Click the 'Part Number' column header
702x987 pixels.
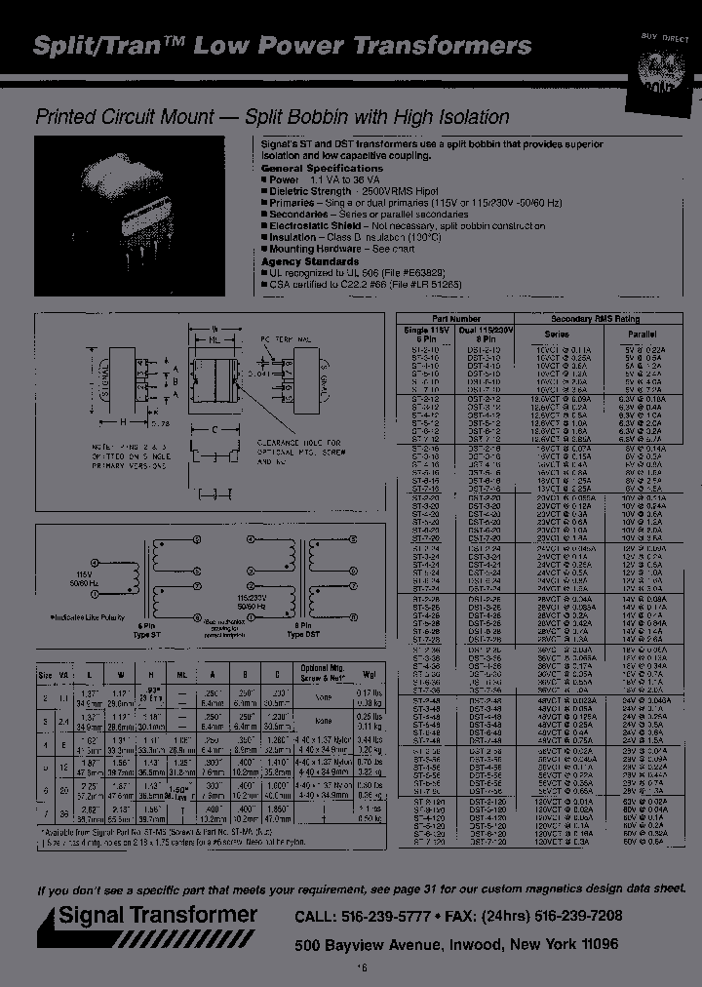456,319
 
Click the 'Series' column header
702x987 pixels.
556,334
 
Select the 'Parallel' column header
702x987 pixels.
643,334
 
